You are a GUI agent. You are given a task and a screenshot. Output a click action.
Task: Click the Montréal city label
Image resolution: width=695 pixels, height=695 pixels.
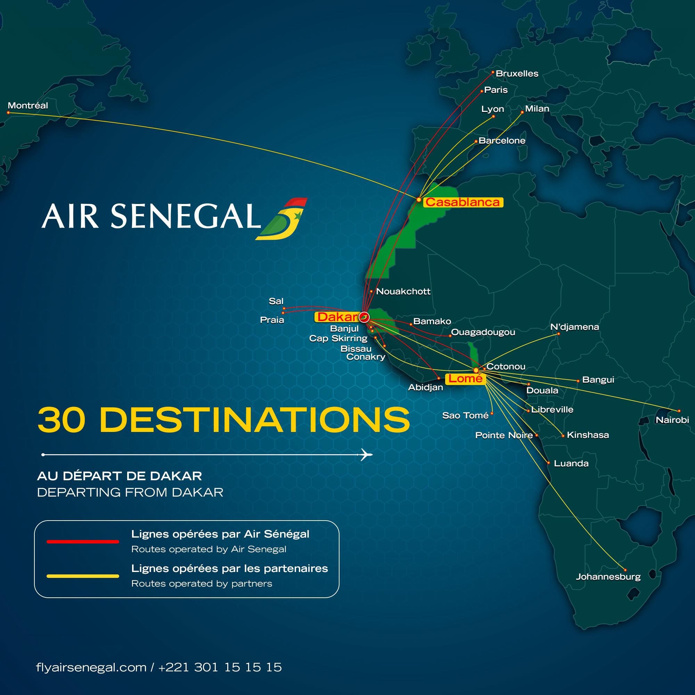[28, 105]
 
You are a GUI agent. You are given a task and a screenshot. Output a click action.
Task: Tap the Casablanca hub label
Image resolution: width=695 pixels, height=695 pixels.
[463, 202]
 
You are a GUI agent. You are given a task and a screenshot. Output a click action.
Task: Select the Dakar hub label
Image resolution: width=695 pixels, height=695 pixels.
[337, 317]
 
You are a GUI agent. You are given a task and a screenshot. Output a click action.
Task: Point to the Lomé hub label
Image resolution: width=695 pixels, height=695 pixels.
[465, 378]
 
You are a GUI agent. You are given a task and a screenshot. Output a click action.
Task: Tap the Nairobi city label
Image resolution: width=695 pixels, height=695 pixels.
[672, 420]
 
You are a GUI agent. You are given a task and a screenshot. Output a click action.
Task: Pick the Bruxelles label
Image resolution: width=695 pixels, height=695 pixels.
[517, 74]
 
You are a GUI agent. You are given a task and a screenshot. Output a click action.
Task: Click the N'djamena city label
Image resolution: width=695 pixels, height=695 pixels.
[574, 327]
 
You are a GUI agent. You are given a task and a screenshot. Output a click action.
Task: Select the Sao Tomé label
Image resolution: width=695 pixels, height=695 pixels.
[465, 416]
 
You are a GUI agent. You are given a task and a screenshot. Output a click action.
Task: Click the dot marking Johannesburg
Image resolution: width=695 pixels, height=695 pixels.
[625, 570]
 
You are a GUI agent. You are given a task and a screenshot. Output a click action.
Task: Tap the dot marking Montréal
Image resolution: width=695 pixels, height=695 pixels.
[8, 113]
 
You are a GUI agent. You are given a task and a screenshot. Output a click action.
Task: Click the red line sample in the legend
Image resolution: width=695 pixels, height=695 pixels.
[83, 541]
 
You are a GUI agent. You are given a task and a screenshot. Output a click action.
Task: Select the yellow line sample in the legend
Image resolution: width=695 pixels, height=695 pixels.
[83, 576]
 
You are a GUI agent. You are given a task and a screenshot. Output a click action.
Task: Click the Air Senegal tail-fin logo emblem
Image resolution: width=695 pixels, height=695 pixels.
[282, 219]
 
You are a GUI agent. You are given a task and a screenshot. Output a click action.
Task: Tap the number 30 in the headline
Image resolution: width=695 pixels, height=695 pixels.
[62, 420]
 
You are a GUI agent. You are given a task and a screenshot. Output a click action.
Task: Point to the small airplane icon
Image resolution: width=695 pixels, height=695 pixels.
[366, 455]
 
